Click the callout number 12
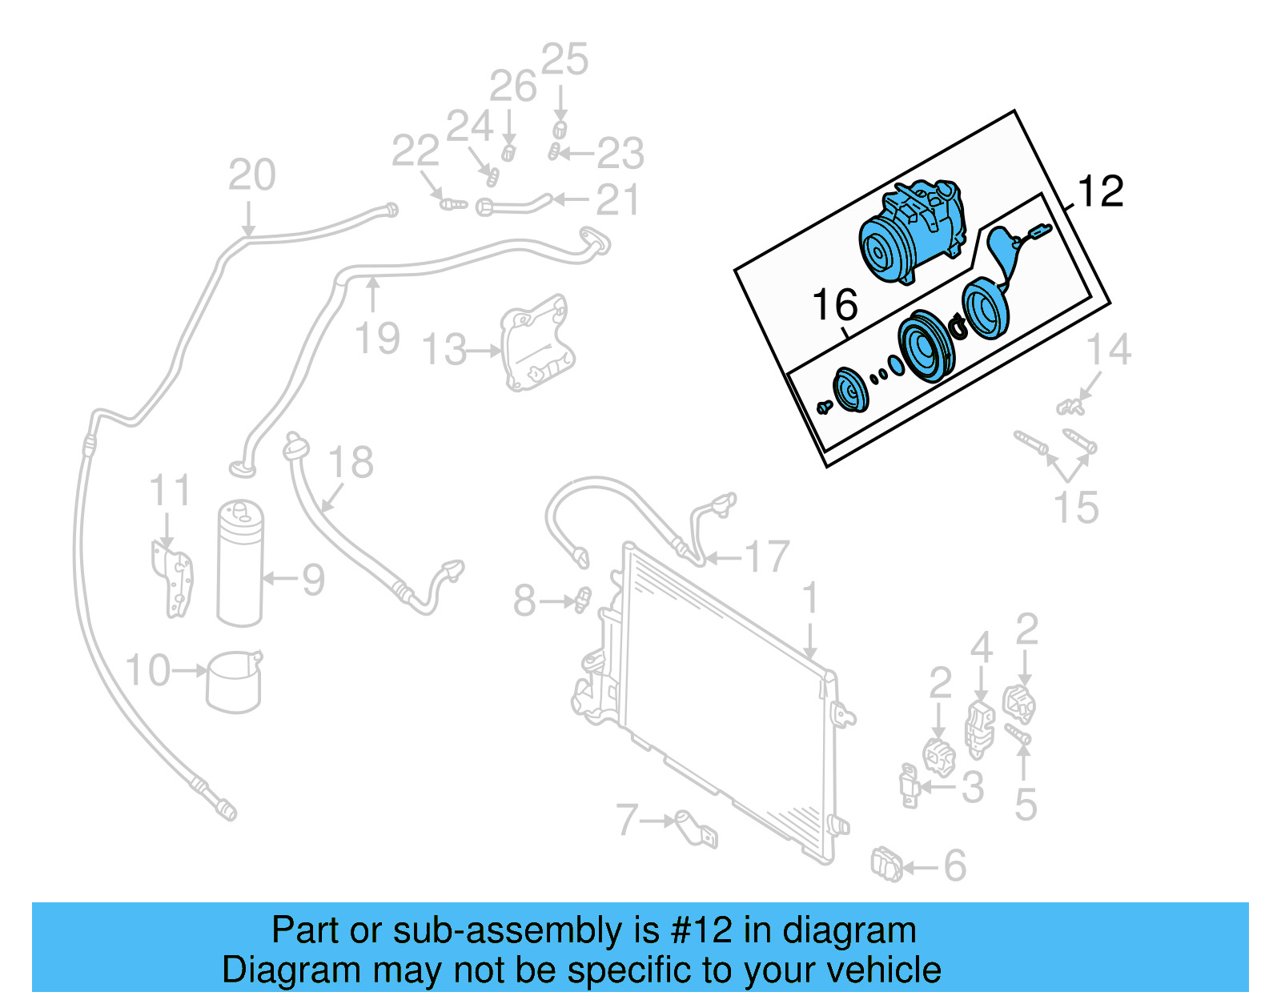point(1101,192)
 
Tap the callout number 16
point(834,305)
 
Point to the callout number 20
point(251,175)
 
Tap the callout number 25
point(564,59)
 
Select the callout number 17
point(766,556)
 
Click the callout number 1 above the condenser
point(810,598)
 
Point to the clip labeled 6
point(886,865)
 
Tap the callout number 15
point(1075,507)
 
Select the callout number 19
point(377,338)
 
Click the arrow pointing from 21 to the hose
point(570,199)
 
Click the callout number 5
point(1025,804)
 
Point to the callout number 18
point(351,462)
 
